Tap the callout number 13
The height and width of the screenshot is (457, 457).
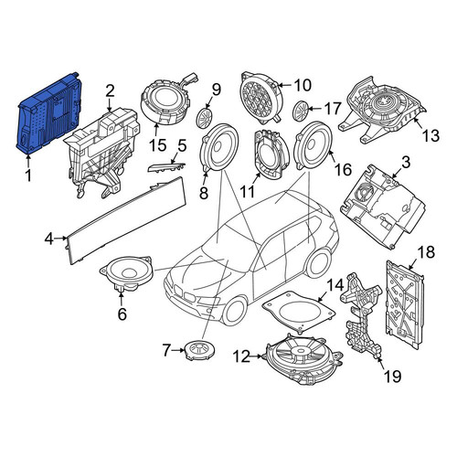point(430,135)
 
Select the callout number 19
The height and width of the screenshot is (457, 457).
point(392,376)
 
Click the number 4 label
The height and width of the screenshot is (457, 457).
point(49,239)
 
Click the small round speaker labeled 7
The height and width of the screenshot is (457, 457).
point(199,351)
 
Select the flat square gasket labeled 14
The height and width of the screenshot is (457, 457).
point(299,311)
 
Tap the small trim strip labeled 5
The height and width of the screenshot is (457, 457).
point(166,166)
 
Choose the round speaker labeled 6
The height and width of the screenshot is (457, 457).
point(126,273)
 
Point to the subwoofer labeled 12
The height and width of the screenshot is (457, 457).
point(304,359)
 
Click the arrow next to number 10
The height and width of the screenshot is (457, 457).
point(285,85)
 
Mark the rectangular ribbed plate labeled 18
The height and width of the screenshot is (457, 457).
point(404,303)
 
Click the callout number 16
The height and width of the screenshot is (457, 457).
point(343,169)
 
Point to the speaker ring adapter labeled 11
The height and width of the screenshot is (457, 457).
point(271,154)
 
